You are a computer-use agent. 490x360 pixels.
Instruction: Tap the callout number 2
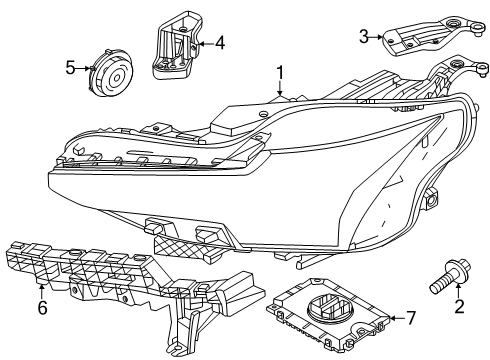click(x=459, y=307)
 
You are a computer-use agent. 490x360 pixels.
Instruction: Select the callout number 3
click(x=364, y=36)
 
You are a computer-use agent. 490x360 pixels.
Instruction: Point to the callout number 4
click(x=220, y=43)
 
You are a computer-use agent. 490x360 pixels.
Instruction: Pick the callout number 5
click(x=70, y=68)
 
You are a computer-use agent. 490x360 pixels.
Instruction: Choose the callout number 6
click(x=42, y=308)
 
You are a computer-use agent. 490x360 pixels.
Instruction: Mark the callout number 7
click(x=411, y=318)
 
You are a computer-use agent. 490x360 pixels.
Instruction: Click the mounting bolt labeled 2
click(x=450, y=276)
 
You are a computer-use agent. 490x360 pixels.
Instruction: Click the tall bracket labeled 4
click(x=176, y=45)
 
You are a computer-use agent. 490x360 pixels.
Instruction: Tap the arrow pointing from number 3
click(x=376, y=37)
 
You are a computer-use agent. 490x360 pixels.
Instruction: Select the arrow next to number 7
click(x=397, y=318)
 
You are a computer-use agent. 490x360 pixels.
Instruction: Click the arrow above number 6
click(x=42, y=292)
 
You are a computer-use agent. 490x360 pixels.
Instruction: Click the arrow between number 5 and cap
click(x=83, y=68)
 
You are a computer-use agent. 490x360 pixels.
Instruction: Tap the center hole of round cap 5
click(x=117, y=79)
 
